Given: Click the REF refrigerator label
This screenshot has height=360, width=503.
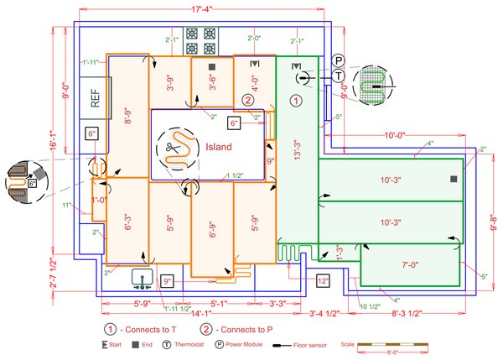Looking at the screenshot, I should [96, 98].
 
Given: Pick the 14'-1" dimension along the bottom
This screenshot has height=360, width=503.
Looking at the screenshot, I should [200, 315].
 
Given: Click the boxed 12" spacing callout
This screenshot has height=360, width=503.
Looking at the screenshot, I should [323, 281].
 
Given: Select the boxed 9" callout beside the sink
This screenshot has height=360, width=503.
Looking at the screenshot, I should [168, 281].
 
